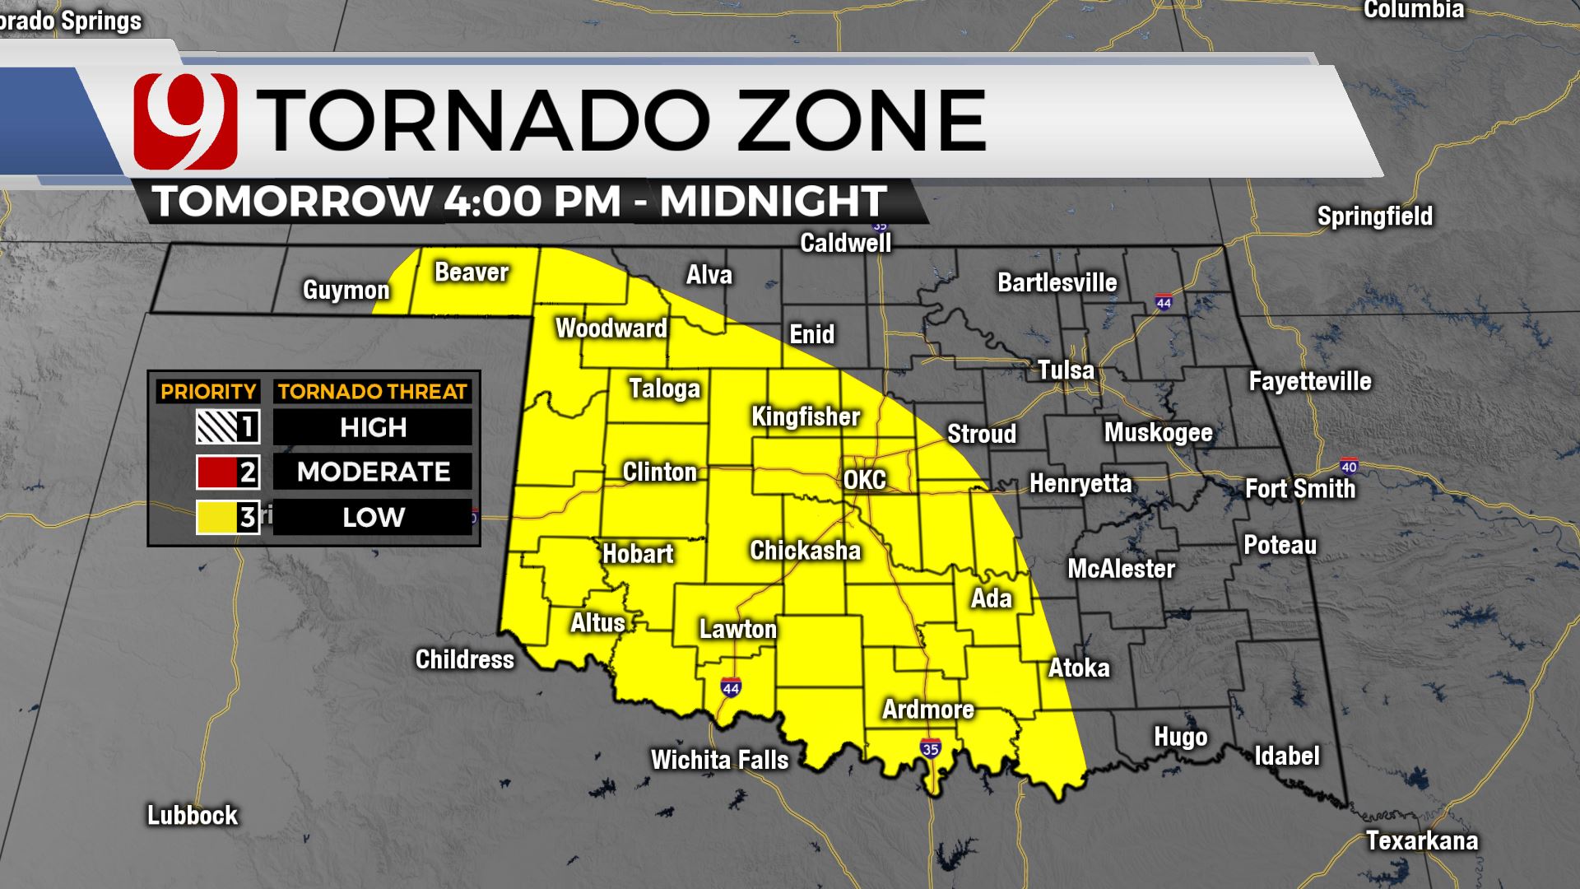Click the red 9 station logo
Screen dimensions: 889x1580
point(185,121)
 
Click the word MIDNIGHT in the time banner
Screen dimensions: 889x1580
point(774,201)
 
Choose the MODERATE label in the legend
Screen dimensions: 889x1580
point(373,472)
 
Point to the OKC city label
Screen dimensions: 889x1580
point(864,479)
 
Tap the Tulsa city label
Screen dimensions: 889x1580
point(1066,370)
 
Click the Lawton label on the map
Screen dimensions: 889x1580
point(737,630)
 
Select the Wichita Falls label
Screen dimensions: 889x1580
point(719,760)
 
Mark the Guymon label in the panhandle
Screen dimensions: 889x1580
point(346,290)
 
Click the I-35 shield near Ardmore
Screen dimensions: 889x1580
point(931,748)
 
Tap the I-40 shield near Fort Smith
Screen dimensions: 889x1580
point(1348,467)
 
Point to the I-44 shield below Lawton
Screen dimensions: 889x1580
point(731,686)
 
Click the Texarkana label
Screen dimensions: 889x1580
point(1421,840)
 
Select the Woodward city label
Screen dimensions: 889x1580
point(611,328)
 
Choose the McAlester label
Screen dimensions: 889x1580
point(1121,569)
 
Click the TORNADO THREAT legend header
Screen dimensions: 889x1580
point(372,392)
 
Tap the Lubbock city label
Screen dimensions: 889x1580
point(192,815)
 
